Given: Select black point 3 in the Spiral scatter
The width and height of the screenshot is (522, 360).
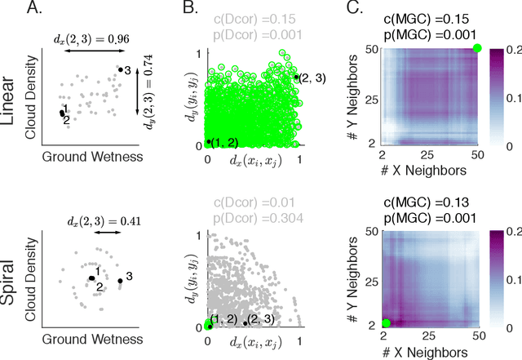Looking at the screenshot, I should (x=120, y=282).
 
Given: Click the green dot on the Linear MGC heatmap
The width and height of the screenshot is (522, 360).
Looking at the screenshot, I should (x=477, y=49).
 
